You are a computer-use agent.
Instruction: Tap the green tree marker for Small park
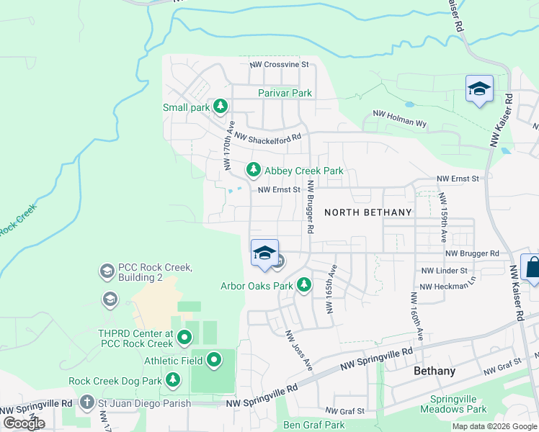[220, 107]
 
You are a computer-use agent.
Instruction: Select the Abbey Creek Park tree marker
[253, 170]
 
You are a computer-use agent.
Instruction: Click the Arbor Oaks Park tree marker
[304, 285]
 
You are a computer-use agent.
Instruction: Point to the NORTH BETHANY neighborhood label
[367, 212]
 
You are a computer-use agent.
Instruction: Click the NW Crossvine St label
[279, 64]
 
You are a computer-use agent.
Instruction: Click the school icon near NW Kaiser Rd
[479, 89]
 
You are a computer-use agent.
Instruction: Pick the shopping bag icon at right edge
[533, 267]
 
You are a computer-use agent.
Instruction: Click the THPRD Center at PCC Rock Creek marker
[184, 336]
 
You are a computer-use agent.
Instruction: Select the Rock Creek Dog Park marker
[172, 379]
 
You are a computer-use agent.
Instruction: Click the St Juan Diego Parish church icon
[86, 402]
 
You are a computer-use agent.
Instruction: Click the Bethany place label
[435, 371]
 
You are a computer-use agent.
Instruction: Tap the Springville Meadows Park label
[458, 404]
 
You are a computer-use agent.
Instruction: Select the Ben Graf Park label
[313, 425]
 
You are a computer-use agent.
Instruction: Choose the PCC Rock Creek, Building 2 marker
[107, 271]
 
